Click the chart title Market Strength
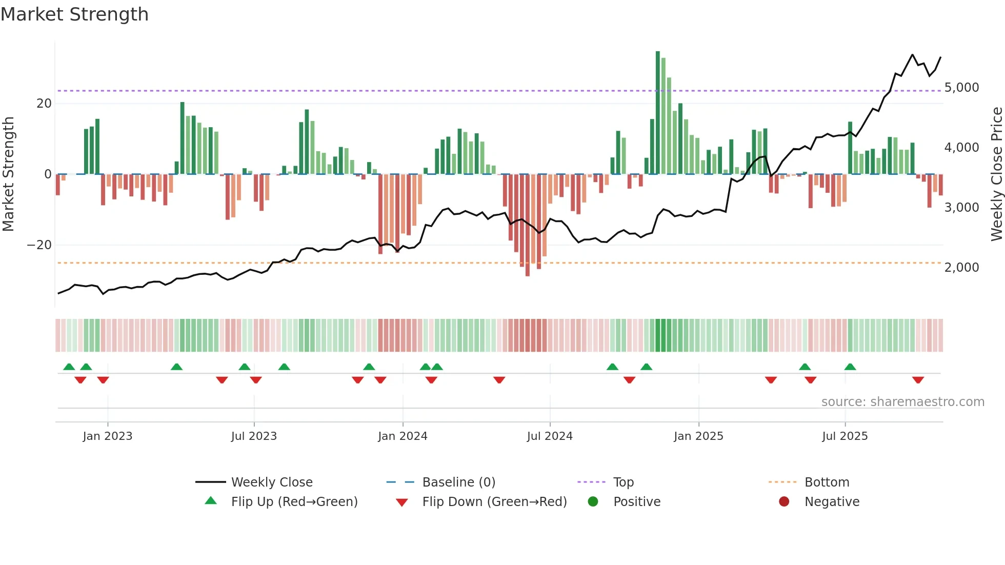tap(75, 14)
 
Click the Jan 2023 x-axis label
tap(108, 436)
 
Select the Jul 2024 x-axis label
tap(550, 436)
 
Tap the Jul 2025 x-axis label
tap(845, 436)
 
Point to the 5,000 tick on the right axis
tap(961, 88)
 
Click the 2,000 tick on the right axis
tap(961, 268)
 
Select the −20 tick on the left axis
tap(39, 245)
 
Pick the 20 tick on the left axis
tap(44, 104)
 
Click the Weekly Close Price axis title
tap(996, 174)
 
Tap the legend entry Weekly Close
tap(272, 482)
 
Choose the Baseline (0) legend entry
tap(458, 482)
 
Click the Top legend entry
tap(624, 482)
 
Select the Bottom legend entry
tap(827, 482)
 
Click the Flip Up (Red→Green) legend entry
tap(294, 501)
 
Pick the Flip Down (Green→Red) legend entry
tap(494, 501)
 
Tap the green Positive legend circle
tap(593, 501)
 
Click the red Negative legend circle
tap(784, 501)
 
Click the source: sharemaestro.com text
tap(902, 401)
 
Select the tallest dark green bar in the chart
tap(658, 113)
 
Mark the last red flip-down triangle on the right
tap(918, 380)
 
